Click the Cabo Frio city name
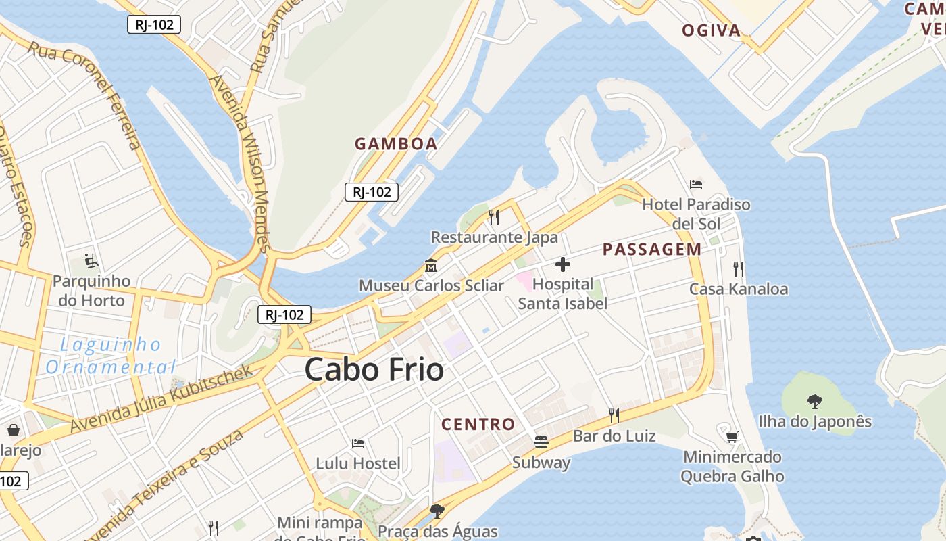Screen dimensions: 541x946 tap(374, 369)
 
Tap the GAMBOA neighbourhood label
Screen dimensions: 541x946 tap(396, 144)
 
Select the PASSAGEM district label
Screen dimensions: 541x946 tap(652, 250)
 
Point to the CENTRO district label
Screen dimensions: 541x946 tap(478, 425)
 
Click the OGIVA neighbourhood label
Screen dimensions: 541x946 tap(711, 30)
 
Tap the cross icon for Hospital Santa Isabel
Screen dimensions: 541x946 tap(562, 264)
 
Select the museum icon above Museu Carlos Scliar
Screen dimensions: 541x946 tap(430, 266)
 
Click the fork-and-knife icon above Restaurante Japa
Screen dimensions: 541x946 tap(494, 217)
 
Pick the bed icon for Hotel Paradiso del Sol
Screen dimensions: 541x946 tap(696, 184)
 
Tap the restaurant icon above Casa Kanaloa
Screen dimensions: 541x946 tap(738, 269)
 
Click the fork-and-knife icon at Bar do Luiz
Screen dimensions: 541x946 tap(614, 415)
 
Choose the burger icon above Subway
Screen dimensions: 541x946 tap(541, 442)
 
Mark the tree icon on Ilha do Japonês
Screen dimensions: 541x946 tap(814, 401)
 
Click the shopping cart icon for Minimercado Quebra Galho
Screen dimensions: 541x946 tap(732, 437)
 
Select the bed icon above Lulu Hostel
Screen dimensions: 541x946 tap(358, 444)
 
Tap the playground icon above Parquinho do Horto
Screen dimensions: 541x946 tap(91, 260)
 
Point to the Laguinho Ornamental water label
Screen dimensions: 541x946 tap(110, 356)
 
